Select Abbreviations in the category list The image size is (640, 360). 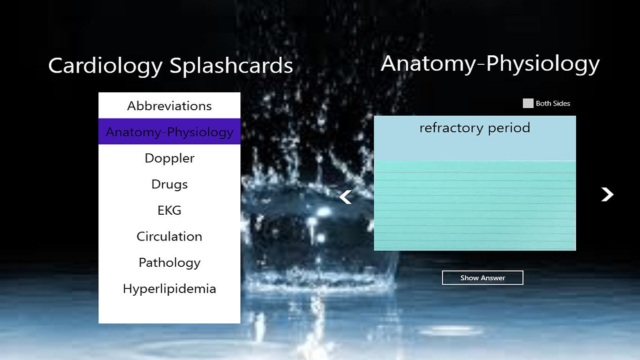point(170,106)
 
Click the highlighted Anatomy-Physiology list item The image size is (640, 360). point(170,132)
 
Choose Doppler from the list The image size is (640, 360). point(170,158)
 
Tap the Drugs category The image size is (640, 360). point(170,184)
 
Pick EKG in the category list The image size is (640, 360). point(170,210)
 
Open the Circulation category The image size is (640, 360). point(170,236)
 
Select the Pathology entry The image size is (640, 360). point(170,262)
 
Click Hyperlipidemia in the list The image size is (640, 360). point(170,289)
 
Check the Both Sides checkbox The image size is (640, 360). point(528,103)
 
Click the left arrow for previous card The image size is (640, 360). point(345,197)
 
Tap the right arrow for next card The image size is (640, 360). point(607,195)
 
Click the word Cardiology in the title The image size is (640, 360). point(105,66)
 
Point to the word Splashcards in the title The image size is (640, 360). point(231,66)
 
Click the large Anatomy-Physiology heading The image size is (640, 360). point(490,64)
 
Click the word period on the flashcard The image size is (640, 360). point(509,128)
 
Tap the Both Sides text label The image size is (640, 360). point(553,104)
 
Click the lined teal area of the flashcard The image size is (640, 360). point(475,206)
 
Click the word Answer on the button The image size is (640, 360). point(493,278)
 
